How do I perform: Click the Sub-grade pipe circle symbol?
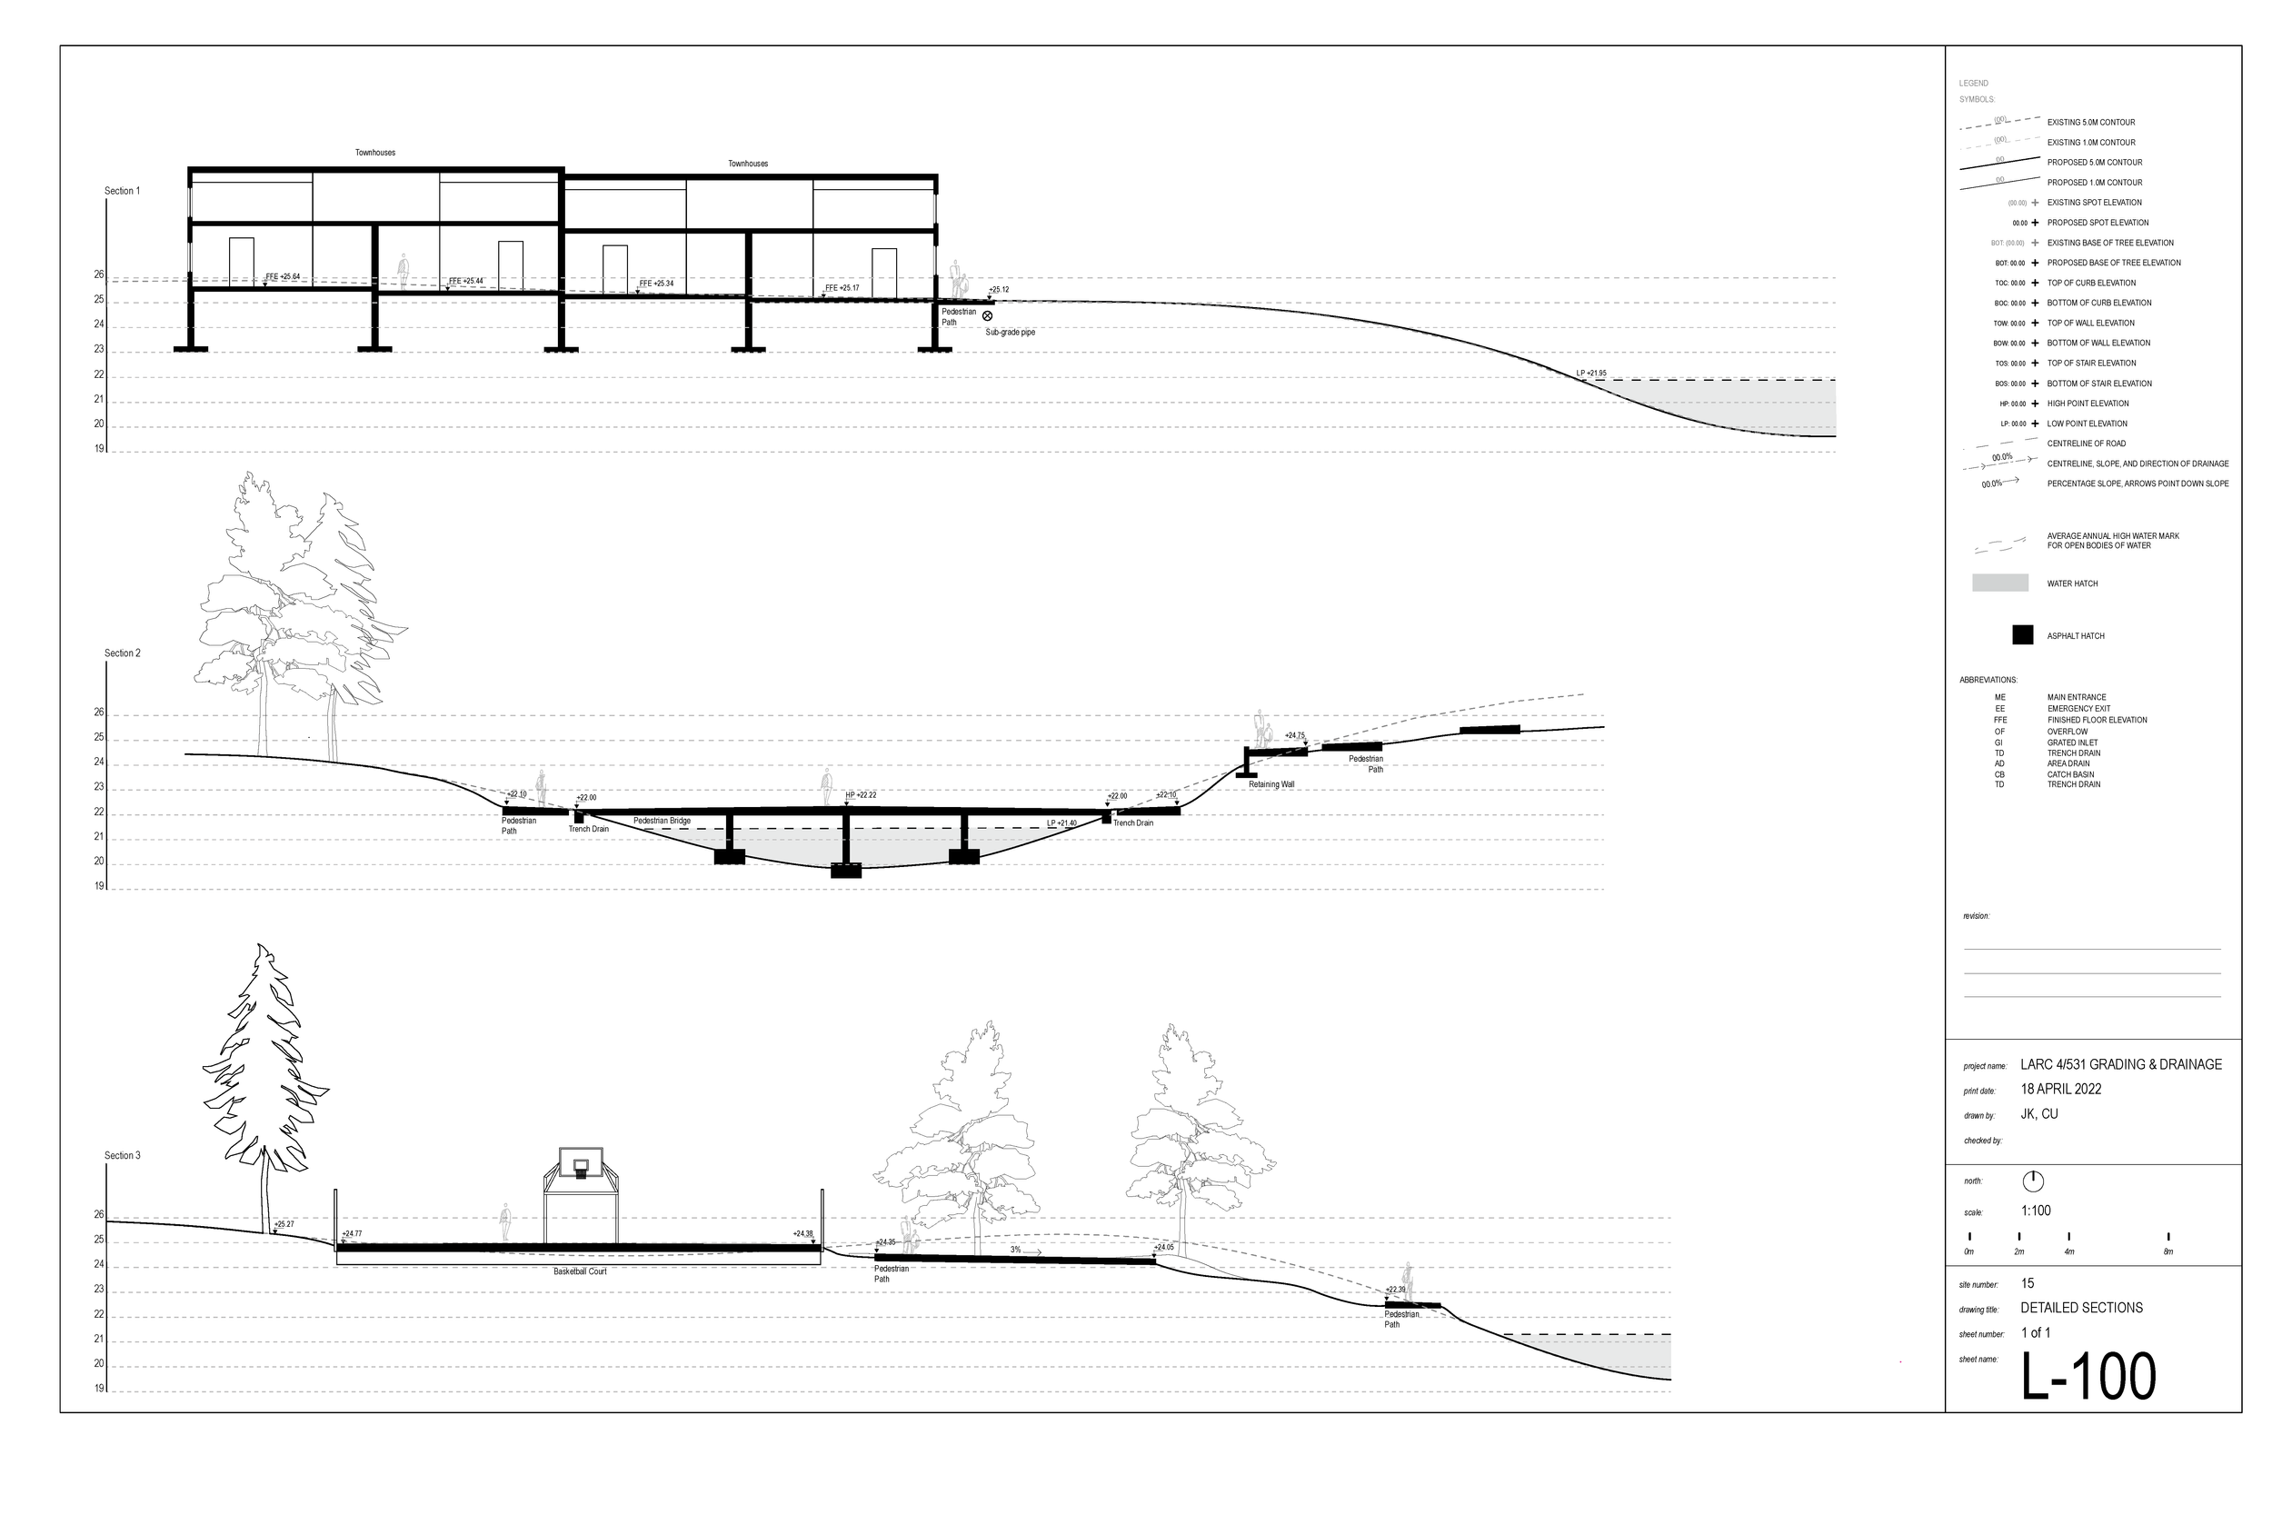click(x=987, y=316)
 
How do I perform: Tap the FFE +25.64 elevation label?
click(x=282, y=277)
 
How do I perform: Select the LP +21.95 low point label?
click(x=1591, y=373)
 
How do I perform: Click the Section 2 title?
click(x=123, y=653)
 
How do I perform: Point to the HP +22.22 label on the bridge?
click(x=861, y=795)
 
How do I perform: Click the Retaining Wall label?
click(x=1271, y=784)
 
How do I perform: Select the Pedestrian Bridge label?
click(x=662, y=821)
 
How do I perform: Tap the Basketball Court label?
click(x=580, y=1271)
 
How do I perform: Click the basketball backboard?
click(x=581, y=1161)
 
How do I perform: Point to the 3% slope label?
click(x=1016, y=1251)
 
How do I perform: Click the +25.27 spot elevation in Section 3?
click(x=284, y=1224)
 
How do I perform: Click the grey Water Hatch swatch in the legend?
click(x=1999, y=583)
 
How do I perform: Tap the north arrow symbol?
click(x=2032, y=1181)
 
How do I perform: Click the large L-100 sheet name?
click(x=2088, y=1376)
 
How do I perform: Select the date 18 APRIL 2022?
click(x=2060, y=1089)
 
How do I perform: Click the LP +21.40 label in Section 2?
click(x=1061, y=823)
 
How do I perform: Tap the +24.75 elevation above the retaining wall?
click(x=1294, y=735)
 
